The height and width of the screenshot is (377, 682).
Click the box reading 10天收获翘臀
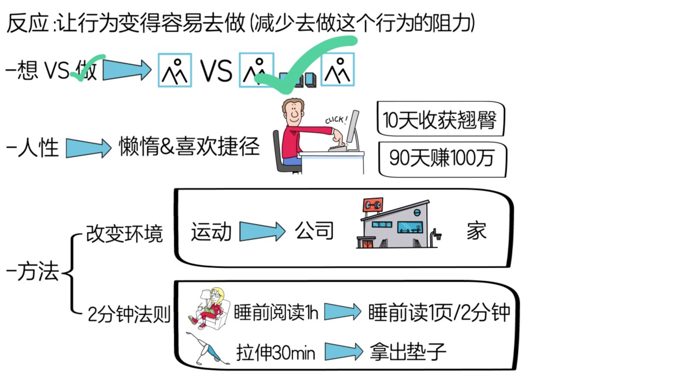tap(440, 119)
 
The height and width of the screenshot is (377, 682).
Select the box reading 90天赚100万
tap(442, 159)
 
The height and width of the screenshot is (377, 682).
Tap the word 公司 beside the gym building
tap(314, 231)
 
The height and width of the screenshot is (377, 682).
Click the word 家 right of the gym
tap(476, 231)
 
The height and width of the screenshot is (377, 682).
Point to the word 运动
tap(211, 232)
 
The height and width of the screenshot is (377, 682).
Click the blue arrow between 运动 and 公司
tap(262, 231)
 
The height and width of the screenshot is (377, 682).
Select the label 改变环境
tap(124, 234)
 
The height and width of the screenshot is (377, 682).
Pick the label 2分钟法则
tap(129, 314)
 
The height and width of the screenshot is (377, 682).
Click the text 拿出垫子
tap(408, 352)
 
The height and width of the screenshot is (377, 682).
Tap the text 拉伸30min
tap(276, 352)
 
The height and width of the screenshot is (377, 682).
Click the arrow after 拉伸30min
tap(343, 351)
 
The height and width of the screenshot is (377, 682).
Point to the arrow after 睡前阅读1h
tap(342, 312)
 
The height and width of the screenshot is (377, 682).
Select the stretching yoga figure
tap(208, 349)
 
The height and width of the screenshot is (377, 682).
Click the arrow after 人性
tap(88, 148)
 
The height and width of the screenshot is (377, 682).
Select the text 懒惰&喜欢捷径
tap(189, 147)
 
